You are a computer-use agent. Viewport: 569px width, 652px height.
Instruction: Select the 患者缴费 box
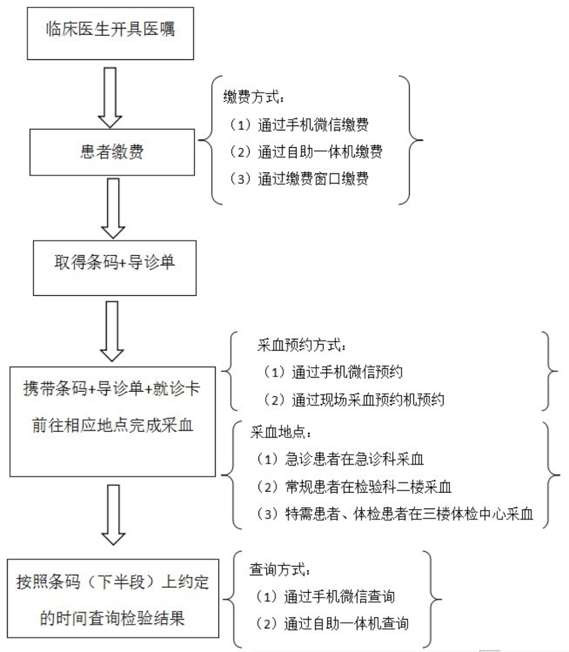tap(112, 153)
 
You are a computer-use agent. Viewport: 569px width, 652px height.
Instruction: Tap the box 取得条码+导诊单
tap(114, 268)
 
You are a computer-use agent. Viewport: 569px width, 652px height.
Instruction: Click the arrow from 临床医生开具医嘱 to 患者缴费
tap(110, 97)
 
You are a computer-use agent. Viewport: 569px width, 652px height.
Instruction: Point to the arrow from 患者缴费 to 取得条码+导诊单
tap(113, 209)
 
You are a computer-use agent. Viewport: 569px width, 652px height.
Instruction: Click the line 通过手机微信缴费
tap(299, 125)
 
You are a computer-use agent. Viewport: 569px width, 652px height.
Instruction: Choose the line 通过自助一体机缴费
tap(306, 152)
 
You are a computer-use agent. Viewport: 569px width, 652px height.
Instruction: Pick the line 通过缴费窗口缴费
tap(299, 179)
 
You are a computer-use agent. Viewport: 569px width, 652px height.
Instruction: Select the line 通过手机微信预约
tap(333, 372)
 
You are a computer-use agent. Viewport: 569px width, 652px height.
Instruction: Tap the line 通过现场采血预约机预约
tap(354, 399)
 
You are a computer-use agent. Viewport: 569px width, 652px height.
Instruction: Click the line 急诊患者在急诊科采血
tap(340, 459)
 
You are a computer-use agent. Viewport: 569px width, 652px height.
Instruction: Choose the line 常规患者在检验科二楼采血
tap(354, 486)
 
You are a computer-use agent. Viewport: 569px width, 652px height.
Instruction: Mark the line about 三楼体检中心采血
tap(395, 513)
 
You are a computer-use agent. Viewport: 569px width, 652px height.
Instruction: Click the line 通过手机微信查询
tap(325, 597)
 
